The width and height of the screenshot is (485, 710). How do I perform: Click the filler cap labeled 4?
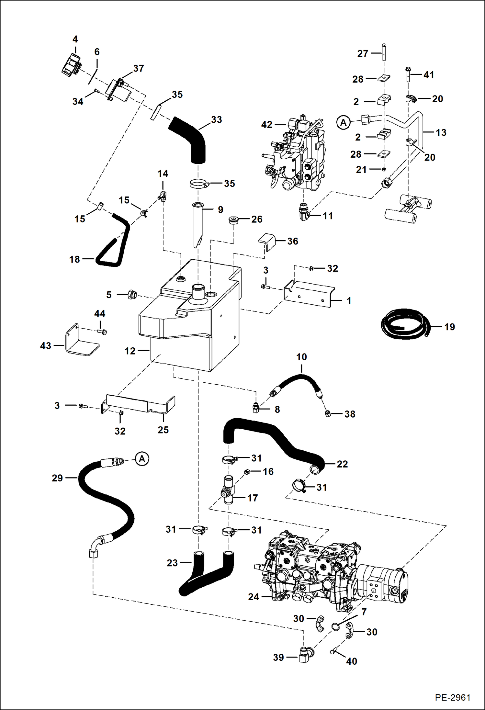(71, 64)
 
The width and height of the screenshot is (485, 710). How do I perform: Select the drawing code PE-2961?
(452, 697)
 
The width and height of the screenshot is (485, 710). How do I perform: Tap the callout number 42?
(267, 125)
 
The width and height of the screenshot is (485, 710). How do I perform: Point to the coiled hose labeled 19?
(404, 324)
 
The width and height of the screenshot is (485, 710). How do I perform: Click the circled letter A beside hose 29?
(142, 459)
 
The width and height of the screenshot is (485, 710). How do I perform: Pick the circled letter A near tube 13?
(344, 123)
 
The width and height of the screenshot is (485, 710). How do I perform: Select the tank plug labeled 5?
(132, 294)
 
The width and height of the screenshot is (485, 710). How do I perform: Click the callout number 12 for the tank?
(130, 351)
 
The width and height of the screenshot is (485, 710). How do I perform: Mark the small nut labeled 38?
(328, 413)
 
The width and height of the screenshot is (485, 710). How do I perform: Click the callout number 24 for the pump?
(254, 597)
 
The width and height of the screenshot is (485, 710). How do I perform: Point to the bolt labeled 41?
(408, 75)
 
